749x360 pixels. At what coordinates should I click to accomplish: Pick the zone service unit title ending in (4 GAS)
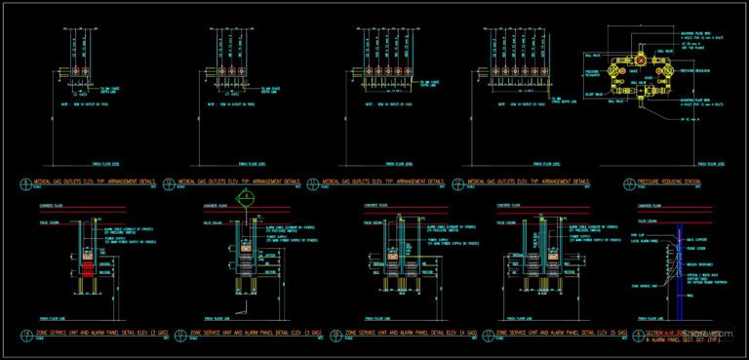(x=411, y=335)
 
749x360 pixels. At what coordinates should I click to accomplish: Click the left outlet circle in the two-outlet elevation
(x=72, y=72)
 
